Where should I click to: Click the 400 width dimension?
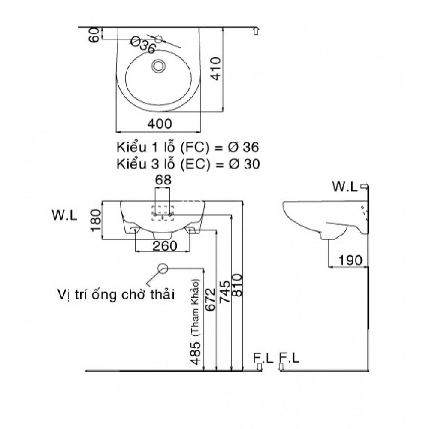(159, 124)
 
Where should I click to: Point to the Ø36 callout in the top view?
(142, 45)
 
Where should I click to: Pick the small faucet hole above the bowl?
(158, 39)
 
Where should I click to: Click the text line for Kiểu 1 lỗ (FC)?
(187, 148)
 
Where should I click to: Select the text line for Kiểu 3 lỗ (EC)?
(187, 164)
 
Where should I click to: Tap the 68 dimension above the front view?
(162, 181)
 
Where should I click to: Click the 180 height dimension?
(96, 220)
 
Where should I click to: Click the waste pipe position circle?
(163, 268)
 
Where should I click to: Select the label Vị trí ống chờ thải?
(115, 295)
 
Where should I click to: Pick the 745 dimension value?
(224, 292)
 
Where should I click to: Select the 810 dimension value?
(237, 285)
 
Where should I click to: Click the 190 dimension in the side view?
(350, 260)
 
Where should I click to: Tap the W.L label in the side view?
(345, 187)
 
